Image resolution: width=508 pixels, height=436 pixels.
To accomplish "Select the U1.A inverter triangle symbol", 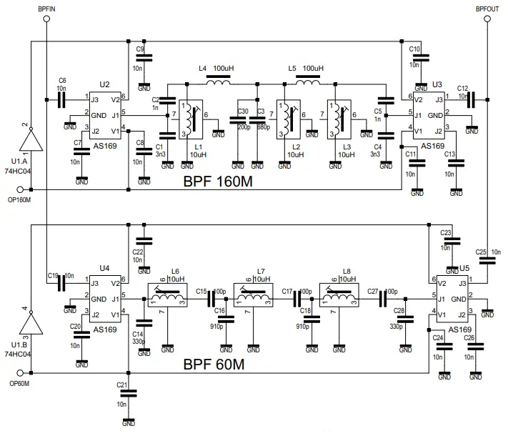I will (x=30, y=139).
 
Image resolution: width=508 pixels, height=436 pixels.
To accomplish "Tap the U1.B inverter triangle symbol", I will (x=30, y=324).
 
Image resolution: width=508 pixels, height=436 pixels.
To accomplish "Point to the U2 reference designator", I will (x=104, y=85).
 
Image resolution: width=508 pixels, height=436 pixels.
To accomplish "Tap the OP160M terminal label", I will (x=19, y=200).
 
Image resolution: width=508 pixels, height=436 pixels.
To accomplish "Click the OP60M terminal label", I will (x=19, y=384).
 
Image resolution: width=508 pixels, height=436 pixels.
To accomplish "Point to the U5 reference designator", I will (x=465, y=269).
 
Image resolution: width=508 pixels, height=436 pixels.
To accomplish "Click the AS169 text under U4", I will (x=104, y=330).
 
